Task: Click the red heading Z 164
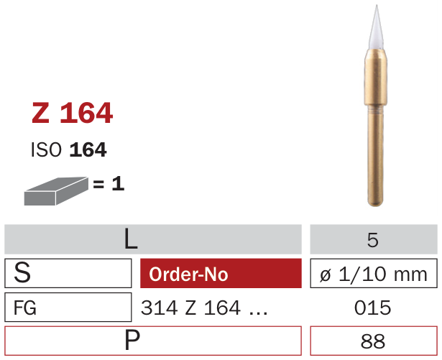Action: [73, 113]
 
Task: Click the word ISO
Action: [46, 149]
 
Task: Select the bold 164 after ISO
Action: [88, 149]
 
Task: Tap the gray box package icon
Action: [56, 191]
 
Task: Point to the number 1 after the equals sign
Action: [118, 184]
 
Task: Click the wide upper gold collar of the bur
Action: [376, 77]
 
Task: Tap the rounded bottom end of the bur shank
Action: [375, 203]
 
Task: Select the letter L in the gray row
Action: [131, 239]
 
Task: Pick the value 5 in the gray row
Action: [373, 240]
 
